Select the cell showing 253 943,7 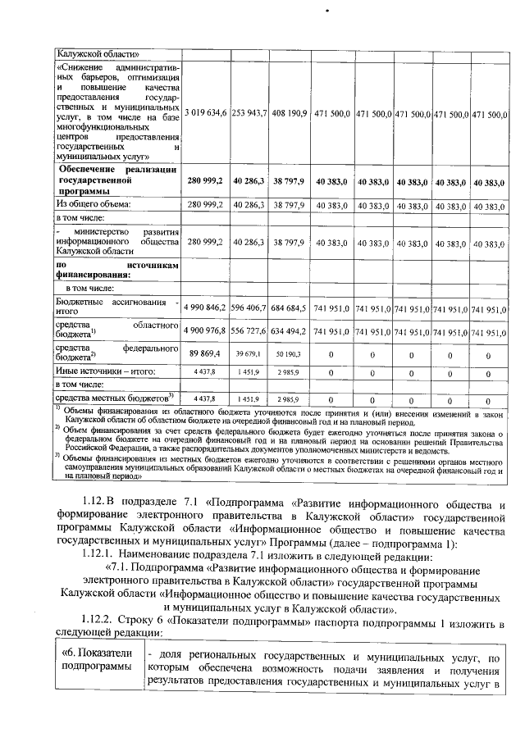coord(249,112)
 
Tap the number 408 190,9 coord(290,112)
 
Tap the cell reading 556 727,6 coord(249,332)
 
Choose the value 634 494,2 coord(290,332)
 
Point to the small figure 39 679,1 coord(249,354)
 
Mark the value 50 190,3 coord(290,354)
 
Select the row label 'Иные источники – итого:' coord(105,371)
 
